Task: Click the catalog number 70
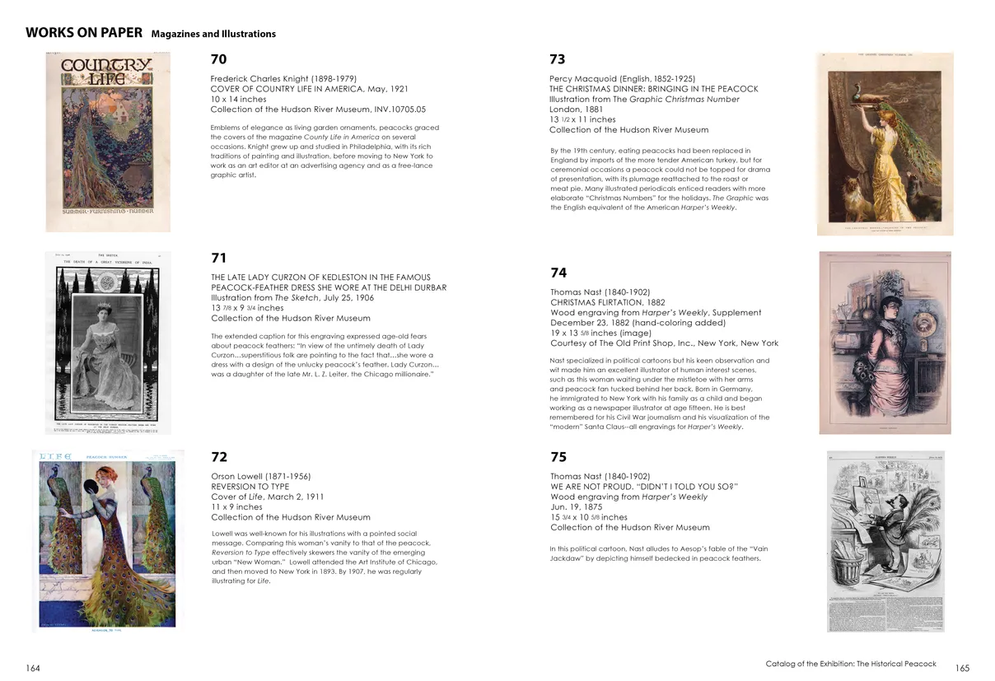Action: coord(218,59)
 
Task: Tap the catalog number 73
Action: coord(558,59)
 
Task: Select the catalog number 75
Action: coord(558,457)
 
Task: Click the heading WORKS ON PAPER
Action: coord(84,33)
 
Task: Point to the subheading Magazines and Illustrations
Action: coord(213,35)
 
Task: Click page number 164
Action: coord(33,668)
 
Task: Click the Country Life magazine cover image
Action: coord(108,142)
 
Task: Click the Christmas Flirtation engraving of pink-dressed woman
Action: coord(885,343)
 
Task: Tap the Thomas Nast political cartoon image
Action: coord(886,541)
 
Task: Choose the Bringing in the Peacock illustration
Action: coord(885,143)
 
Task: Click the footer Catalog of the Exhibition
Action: coord(850,664)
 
